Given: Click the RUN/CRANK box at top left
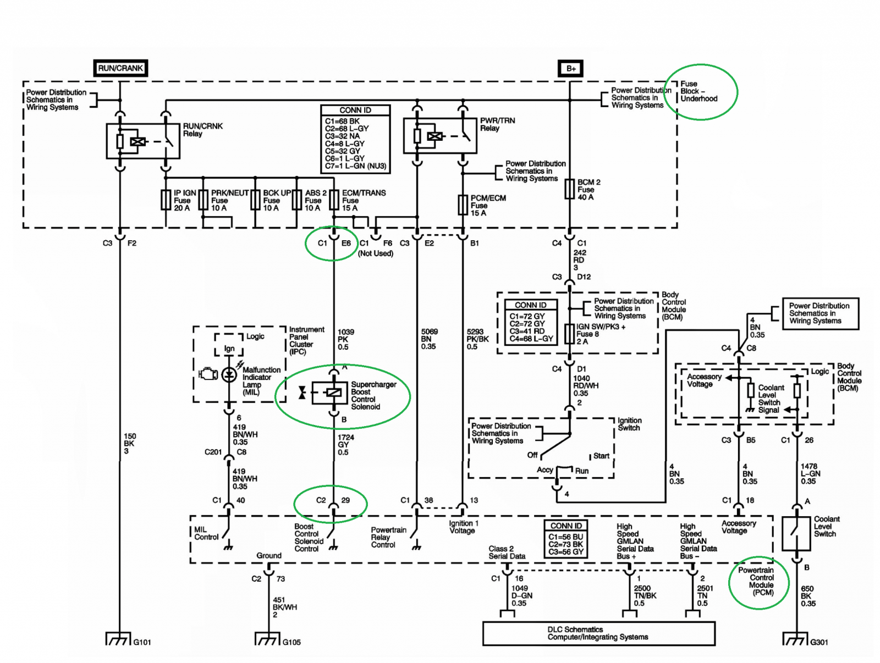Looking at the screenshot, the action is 120,68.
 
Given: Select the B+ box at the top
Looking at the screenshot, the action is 570,69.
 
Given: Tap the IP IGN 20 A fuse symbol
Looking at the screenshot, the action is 166,200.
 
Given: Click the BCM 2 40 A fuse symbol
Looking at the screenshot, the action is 570,189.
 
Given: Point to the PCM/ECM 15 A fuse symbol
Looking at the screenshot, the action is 463,205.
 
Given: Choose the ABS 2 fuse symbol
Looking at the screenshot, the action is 296,200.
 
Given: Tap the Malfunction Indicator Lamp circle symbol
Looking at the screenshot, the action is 229,375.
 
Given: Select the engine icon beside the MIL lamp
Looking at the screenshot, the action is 208,374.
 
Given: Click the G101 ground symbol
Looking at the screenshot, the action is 118,639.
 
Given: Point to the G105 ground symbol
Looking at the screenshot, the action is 267,639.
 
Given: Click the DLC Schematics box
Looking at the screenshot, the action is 598,633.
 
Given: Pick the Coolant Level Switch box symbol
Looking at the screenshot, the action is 796,533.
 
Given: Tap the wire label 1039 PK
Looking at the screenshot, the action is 345,336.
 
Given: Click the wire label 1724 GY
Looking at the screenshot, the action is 345,441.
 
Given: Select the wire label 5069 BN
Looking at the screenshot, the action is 430,335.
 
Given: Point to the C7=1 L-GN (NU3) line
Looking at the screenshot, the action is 355,166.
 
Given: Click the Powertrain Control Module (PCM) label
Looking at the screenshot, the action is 759,581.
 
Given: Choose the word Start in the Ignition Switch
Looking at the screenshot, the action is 601,456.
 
